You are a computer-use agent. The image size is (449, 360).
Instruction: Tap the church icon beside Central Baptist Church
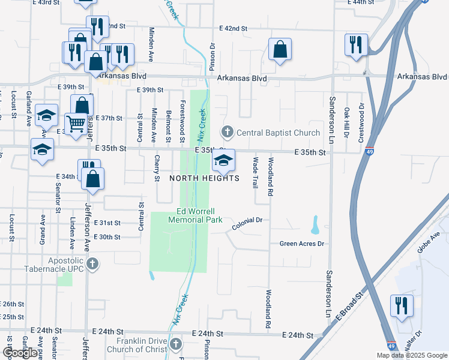click(228, 131)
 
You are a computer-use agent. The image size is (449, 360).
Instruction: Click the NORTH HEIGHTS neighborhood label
click(204, 178)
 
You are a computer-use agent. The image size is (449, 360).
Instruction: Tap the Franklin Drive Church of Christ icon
click(176, 344)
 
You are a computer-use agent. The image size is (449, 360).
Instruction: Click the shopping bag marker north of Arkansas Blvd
click(280, 50)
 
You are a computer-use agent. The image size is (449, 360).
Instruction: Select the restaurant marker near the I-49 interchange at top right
click(355, 44)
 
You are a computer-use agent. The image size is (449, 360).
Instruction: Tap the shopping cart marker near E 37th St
click(76, 124)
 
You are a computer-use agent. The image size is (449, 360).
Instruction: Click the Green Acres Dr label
click(302, 244)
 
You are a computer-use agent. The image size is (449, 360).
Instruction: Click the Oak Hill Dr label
click(346, 122)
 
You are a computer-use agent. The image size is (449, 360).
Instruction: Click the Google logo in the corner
click(20, 352)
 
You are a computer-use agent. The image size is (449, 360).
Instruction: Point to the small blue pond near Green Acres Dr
click(315, 225)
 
